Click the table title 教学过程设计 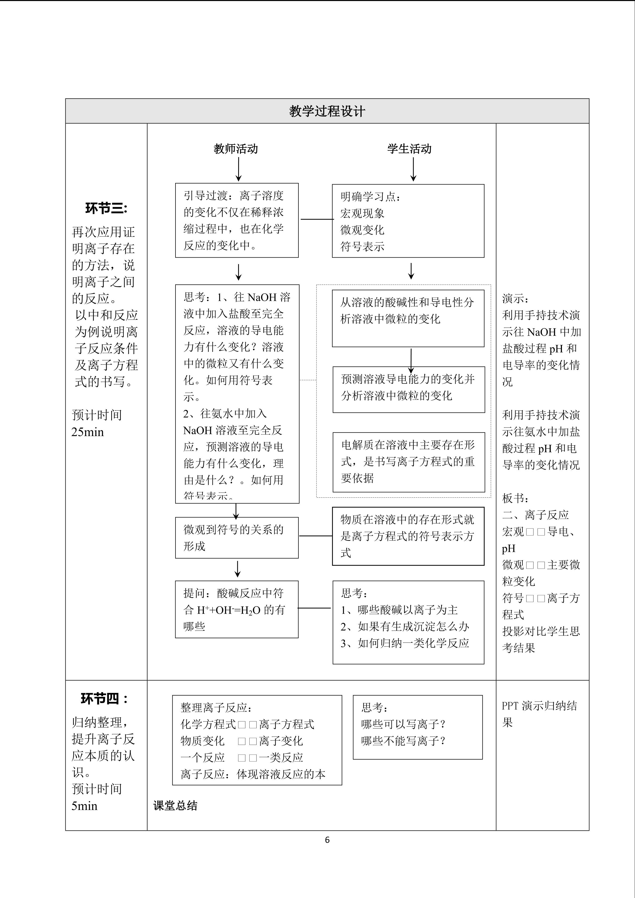tap(327, 111)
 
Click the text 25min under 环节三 tap(87, 432)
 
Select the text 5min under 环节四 tap(85, 806)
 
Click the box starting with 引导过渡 tap(237, 220)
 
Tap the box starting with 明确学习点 tap(408, 221)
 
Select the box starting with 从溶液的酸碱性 tap(408, 318)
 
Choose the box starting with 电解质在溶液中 tap(409, 462)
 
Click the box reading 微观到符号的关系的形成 tap(237, 538)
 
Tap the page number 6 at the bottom tap(327, 840)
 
